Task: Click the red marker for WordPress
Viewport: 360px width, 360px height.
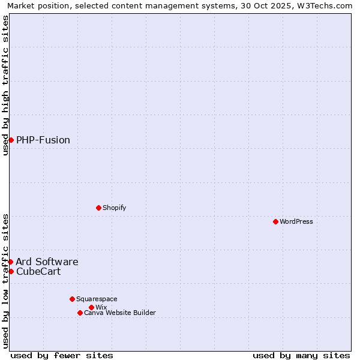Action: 275,221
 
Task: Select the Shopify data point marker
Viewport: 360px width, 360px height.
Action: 98,208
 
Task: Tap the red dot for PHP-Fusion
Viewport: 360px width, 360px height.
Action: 11,140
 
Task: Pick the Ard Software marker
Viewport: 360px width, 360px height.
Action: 10,262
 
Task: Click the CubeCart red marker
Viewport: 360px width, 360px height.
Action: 11,271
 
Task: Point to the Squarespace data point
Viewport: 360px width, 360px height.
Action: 72,299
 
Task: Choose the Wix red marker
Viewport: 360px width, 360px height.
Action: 91,307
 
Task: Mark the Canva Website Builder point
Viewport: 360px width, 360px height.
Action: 80,313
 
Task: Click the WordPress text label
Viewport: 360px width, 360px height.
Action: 296,221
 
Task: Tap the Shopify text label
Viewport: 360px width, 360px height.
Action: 114,208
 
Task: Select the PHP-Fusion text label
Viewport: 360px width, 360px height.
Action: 43,140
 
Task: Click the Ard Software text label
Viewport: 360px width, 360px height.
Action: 47,262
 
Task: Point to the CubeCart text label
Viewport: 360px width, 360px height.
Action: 38,271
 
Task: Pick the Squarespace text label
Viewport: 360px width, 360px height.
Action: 97,299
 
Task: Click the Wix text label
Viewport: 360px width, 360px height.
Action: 101,307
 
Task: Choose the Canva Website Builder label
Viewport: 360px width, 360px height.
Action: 120,313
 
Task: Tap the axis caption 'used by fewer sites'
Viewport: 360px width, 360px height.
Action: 62,355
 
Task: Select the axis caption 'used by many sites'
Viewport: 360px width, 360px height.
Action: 301,355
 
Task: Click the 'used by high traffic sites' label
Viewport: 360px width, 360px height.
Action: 5,85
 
